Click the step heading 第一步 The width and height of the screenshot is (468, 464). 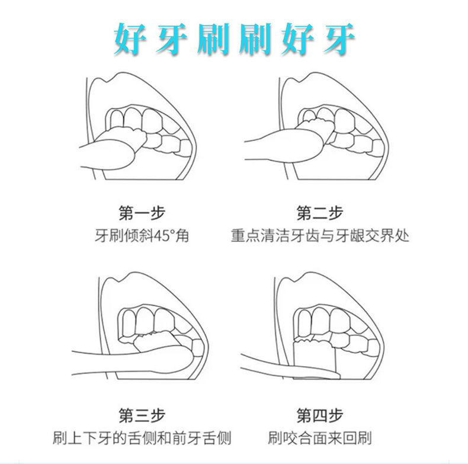142,213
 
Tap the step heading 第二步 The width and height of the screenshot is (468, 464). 320,213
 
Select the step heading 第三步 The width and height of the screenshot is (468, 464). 142,415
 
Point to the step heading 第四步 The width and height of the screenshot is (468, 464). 320,415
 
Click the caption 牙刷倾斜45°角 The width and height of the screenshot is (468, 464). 142,236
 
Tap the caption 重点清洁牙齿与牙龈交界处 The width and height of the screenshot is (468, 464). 320,236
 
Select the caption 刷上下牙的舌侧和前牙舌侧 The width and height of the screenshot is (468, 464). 142,438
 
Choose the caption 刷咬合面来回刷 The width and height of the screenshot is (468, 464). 320,438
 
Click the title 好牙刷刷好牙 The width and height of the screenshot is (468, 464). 234,40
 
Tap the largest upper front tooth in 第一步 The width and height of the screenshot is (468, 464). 152,121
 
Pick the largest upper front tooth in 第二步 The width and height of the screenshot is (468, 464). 345,121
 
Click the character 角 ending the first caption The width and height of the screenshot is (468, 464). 182,236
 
